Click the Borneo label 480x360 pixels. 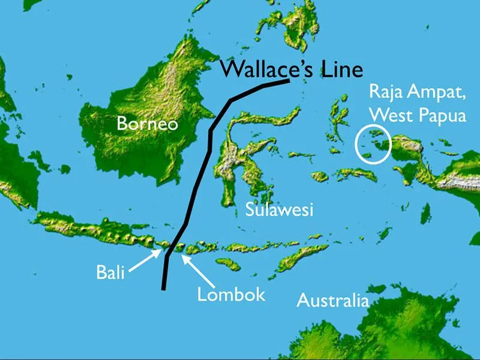tap(148, 124)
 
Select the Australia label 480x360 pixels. tap(332, 300)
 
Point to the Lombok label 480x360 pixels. tap(231, 294)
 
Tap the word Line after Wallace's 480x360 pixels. tap(340, 69)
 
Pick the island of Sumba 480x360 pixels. tap(228, 264)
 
